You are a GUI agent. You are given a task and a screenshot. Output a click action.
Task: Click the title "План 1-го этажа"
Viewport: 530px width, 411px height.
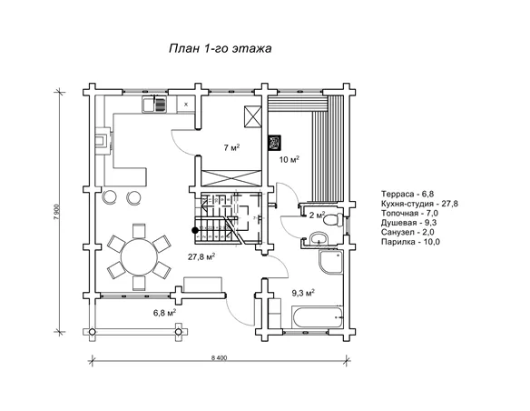(220, 48)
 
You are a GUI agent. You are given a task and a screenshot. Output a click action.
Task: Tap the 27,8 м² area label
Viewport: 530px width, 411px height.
(201, 257)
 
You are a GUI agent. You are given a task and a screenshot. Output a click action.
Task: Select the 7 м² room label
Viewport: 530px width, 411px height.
(232, 147)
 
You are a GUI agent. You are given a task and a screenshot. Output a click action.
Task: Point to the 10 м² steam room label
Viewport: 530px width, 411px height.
(290, 159)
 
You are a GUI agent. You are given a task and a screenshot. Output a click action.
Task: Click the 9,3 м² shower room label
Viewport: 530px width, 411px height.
(303, 293)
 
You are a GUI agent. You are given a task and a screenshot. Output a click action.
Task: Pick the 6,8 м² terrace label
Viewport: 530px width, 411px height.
(164, 313)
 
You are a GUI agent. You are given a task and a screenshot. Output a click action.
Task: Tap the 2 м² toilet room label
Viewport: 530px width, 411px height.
(317, 215)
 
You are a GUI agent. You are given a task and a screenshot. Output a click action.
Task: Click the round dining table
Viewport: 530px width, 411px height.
(139, 256)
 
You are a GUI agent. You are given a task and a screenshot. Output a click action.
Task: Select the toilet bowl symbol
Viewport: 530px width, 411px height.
(332, 220)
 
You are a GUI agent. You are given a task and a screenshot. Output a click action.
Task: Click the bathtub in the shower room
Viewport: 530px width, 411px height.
(318, 317)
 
